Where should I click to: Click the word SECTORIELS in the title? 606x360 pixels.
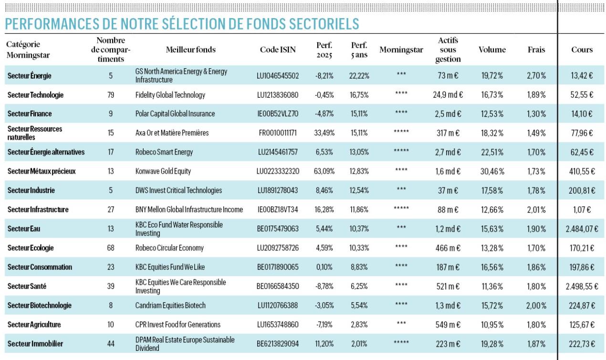[324, 24]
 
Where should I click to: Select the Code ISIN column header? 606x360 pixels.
[278, 50]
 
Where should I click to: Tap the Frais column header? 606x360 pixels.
[536, 50]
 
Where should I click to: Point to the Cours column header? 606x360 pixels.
[582, 50]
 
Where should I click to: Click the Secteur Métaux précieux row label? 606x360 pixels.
[42, 171]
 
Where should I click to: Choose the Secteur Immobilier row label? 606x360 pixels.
[35, 344]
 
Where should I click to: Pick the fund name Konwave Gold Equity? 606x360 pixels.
[163, 171]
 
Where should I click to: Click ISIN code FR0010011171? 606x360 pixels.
[278, 133]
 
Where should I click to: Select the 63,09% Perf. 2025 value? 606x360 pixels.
[324, 171]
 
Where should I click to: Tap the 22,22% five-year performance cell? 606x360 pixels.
[359, 76]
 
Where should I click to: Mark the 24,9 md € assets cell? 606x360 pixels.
[448, 95]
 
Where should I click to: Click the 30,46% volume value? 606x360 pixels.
[492, 171]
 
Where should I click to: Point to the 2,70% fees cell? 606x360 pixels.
[536, 76]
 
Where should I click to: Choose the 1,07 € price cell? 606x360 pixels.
[582, 210]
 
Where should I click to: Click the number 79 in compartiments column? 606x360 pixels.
[111, 95]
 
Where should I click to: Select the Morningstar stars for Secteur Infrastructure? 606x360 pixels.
[401, 208]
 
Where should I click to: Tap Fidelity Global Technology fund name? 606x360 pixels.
[170, 95]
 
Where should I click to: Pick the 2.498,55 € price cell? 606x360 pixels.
[582, 287]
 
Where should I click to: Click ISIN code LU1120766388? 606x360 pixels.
[278, 306]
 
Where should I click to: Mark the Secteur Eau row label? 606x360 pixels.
[24, 229]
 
